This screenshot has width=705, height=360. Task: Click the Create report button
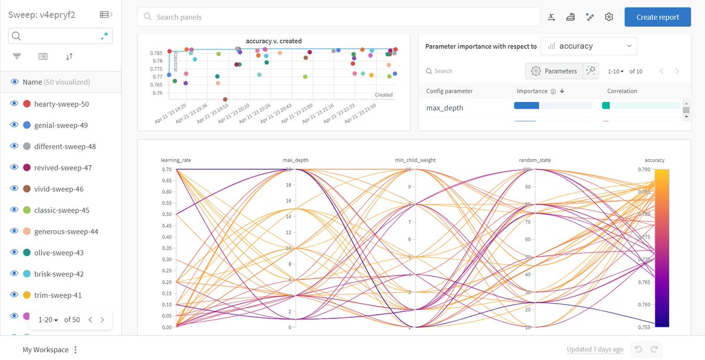[x=657, y=17]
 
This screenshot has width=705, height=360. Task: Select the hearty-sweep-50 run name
[x=61, y=104]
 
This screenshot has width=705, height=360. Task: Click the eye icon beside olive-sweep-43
[x=15, y=253]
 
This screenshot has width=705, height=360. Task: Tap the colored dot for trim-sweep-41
[x=26, y=295]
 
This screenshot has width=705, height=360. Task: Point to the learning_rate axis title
[x=176, y=160]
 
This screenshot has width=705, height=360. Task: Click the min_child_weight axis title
[x=415, y=160]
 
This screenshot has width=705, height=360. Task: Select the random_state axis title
[x=535, y=160]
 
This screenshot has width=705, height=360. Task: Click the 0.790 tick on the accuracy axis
[x=644, y=170]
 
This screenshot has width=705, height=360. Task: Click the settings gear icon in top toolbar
[x=609, y=17]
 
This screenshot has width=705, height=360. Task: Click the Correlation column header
[x=622, y=91]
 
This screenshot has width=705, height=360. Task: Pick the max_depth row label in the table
[x=445, y=108]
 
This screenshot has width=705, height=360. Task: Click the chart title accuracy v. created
[x=273, y=41]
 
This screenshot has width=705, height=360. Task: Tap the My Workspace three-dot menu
[x=75, y=350]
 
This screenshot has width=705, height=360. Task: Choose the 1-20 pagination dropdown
[x=48, y=319]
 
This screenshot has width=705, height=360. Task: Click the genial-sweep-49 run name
[x=61, y=125]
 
